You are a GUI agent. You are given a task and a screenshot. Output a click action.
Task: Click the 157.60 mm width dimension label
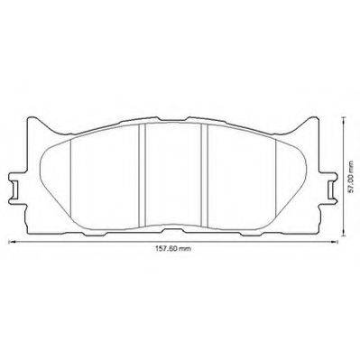pyautogui.click(x=173, y=249)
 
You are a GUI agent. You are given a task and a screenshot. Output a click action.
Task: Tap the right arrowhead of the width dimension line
pyautogui.click(x=335, y=241)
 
